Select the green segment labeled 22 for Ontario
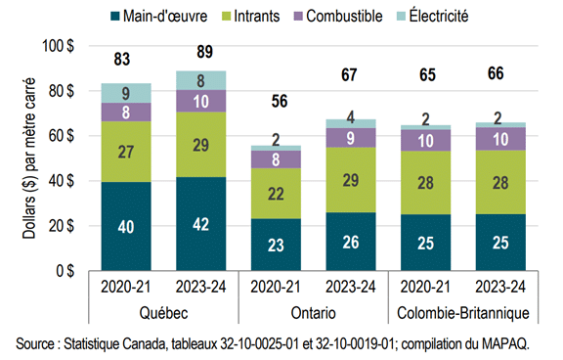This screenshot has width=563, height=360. tap(277, 194)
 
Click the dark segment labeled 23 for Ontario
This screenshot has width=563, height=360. tap(277, 245)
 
